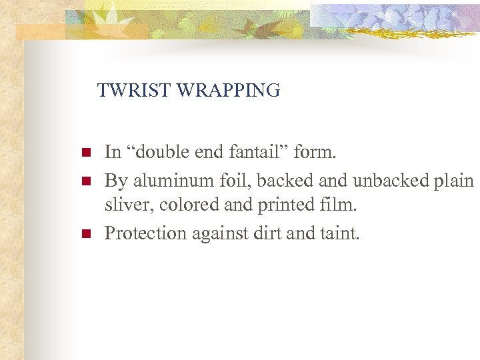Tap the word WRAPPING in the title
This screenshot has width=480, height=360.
228,90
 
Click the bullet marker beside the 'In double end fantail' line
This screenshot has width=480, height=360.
85,153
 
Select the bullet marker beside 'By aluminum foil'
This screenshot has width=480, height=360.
85,181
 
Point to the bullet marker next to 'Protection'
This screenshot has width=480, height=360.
85,234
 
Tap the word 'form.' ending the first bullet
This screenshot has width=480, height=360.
315,153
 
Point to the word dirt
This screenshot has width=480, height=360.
266,233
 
